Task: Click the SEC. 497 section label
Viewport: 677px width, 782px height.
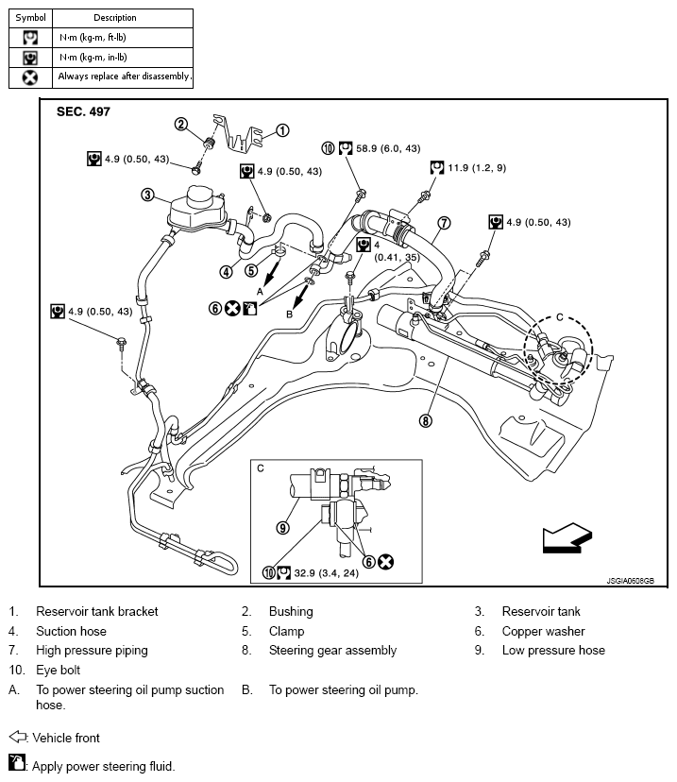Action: [83, 111]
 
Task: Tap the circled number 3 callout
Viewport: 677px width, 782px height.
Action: [147, 195]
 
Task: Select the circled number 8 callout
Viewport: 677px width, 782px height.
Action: [426, 421]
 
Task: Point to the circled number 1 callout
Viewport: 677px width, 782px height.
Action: [281, 131]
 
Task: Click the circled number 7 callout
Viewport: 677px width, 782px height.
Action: [444, 224]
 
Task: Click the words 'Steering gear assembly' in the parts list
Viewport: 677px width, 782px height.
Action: [332, 651]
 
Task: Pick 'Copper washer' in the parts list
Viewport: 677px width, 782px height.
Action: [543, 631]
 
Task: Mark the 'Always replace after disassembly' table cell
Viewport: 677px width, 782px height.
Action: [125, 76]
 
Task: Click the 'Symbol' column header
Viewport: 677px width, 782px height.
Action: [30, 18]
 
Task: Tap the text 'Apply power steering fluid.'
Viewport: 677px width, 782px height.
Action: [104, 766]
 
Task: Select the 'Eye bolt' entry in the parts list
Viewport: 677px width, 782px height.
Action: [59, 671]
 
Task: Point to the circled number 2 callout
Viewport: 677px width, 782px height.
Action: [181, 125]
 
